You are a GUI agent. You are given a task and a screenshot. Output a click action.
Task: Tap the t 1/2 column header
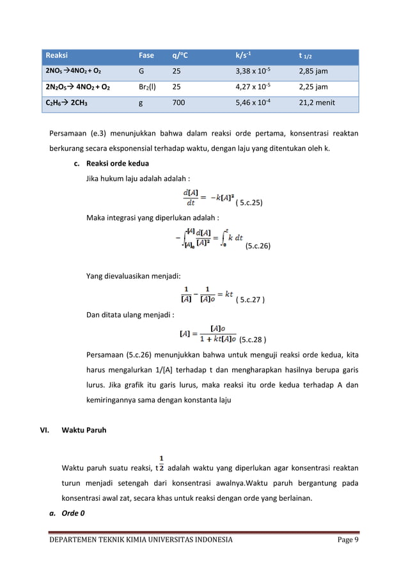(308, 56)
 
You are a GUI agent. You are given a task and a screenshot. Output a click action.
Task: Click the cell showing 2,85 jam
(313, 71)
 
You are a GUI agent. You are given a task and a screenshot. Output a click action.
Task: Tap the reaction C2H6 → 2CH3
(67, 102)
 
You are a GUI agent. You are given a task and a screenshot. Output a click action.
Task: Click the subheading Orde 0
(74, 512)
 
